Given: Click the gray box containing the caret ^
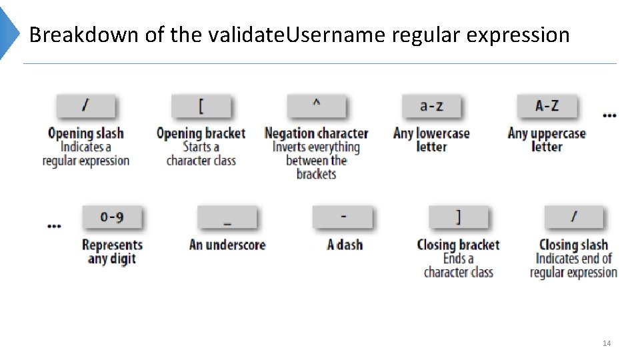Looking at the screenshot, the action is click(x=316, y=106).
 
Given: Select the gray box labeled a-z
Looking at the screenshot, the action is click(x=431, y=106).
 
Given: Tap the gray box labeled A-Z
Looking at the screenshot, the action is click(x=547, y=106).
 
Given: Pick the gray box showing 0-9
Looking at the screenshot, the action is click(x=111, y=217).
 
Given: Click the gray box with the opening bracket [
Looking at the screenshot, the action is click(x=201, y=106).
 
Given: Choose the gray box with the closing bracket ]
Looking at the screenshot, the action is click(x=458, y=217).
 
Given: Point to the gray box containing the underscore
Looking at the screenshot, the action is click(x=227, y=217).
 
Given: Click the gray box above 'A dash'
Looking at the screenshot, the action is click(x=343, y=217).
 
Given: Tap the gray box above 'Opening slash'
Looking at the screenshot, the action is click(x=85, y=106).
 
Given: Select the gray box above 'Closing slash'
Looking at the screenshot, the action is click(x=573, y=217).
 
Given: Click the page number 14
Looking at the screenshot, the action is click(x=607, y=343).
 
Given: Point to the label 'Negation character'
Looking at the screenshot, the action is click(x=316, y=133).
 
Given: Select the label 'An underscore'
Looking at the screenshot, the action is click(x=227, y=245).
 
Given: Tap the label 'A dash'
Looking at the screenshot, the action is click(x=345, y=245).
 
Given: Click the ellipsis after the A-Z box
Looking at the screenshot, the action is click(x=609, y=115).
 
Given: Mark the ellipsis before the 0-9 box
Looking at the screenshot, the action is click(x=55, y=226).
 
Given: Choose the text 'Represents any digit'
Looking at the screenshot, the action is click(x=112, y=251).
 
